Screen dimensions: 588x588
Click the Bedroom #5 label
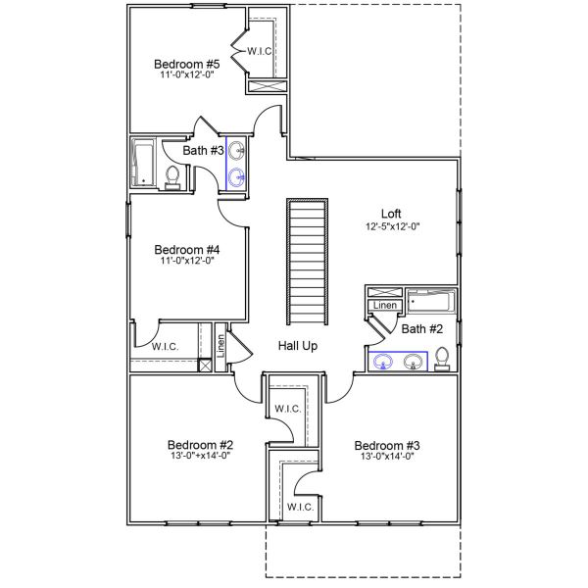pos(187,64)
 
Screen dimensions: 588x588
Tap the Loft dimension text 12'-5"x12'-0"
pos(393,226)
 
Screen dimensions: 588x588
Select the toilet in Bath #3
pos(172,177)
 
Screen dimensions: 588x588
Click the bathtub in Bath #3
pos(143,163)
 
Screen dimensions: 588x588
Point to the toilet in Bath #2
pos(442,359)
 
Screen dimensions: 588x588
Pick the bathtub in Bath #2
pos(431,301)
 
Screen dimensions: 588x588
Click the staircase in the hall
pos(308,262)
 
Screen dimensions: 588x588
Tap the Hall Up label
pos(298,345)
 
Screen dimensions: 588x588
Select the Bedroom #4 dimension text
pos(187,261)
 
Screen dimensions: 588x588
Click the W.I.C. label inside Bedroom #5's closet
pos(260,51)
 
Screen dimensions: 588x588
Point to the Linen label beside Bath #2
pos(385,305)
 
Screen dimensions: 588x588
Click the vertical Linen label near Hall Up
pos(220,345)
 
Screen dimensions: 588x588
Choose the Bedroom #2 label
pos(200,445)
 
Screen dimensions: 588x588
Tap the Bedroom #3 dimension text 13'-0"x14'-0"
pos(387,456)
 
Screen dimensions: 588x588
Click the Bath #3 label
pos(203,150)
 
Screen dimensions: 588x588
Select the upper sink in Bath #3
pos(236,151)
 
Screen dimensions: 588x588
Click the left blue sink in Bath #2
pos(383,363)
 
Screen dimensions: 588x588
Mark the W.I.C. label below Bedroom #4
pos(165,347)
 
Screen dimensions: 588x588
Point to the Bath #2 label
pos(421,329)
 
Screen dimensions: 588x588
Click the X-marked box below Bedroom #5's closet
pos(268,86)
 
